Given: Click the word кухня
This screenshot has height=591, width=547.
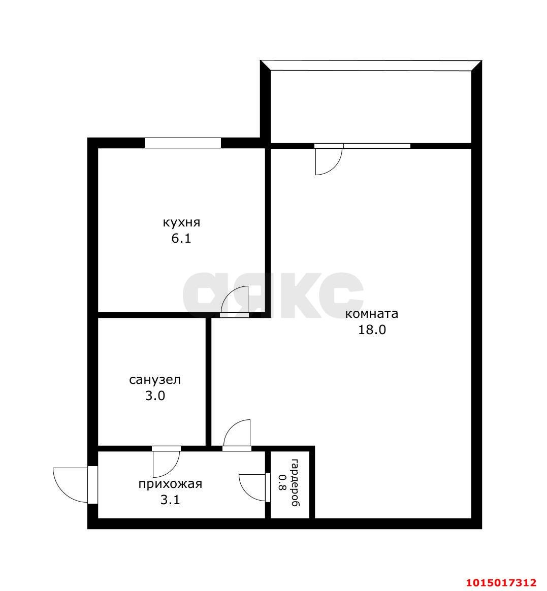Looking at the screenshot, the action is pos(181,222).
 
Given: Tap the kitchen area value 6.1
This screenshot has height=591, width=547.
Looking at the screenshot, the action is pos(181,239).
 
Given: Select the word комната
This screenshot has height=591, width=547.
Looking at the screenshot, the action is pos(372,314).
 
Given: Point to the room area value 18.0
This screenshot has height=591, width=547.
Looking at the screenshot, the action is pos(372,330).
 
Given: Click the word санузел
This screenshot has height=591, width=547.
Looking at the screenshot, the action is pos(155,380).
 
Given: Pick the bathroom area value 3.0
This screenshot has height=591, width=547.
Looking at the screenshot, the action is pos(155,396).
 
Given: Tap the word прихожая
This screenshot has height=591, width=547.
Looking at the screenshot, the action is pos(170,484).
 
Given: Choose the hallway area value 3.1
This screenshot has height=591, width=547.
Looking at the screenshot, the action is pos(170,500).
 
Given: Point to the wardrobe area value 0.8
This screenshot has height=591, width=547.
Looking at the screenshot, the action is pos(282,483).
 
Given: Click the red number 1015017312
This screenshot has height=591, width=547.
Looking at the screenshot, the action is pos(501,583).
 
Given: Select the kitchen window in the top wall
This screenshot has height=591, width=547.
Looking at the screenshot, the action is pos(183,143).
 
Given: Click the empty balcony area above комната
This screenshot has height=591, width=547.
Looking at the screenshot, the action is pos(371,107).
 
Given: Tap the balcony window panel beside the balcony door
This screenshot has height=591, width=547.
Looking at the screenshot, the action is pos(377,146).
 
